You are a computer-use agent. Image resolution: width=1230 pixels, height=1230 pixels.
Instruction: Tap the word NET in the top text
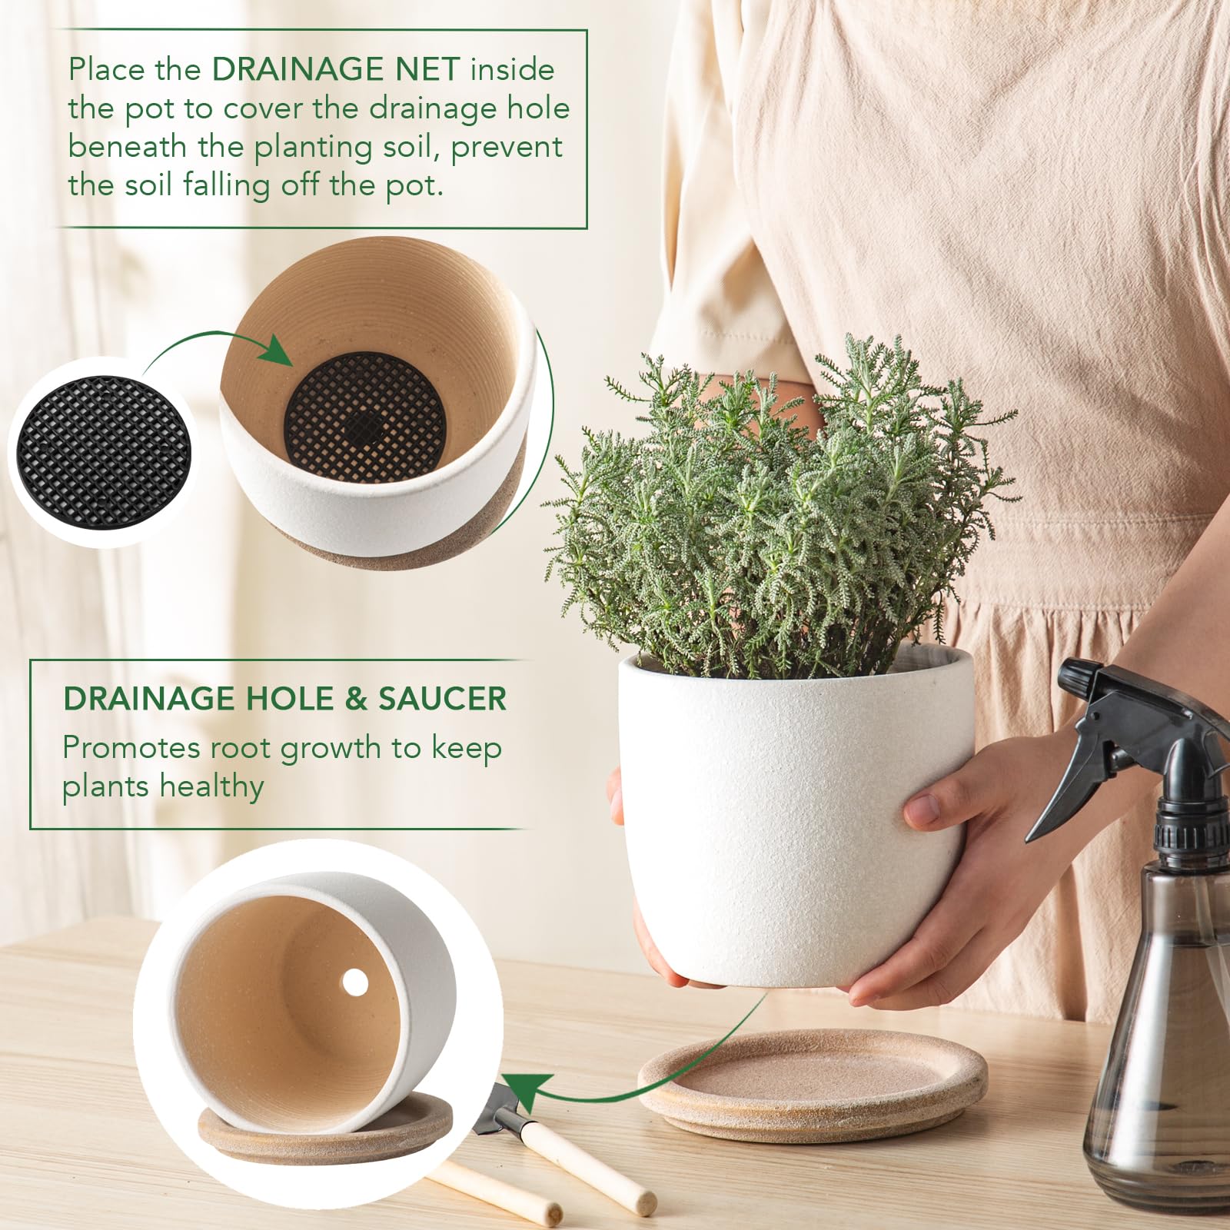click(x=427, y=69)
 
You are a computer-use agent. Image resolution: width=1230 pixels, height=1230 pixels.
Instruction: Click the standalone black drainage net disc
click(x=102, y=451)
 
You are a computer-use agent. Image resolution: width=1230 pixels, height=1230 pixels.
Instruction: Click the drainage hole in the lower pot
click(x=354, y=981)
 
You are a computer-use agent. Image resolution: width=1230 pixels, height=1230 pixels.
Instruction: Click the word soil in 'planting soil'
click(x=407, y=146)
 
